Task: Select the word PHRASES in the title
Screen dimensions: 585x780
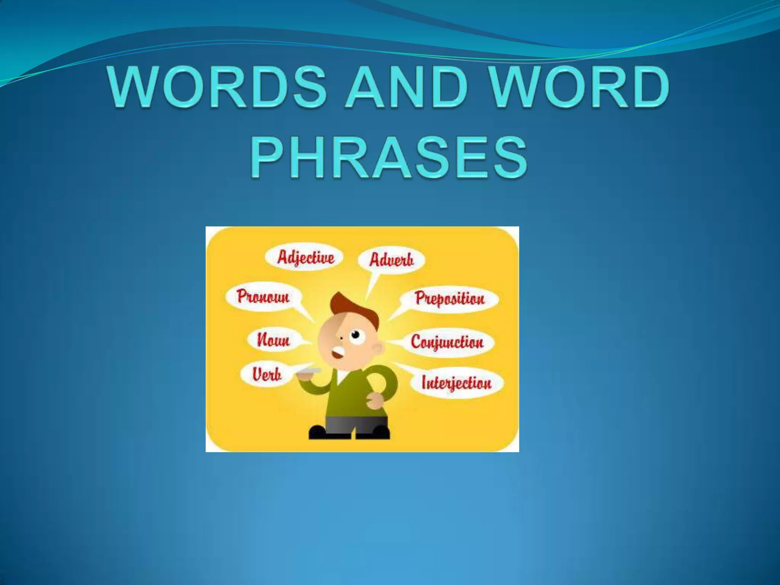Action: (x=389, y=158)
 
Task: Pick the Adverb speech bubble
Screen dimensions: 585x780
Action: (x=391, y=260)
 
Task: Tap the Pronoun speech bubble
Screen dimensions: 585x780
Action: (x=263, y=296)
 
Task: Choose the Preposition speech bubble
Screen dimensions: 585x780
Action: (x=449, y=298)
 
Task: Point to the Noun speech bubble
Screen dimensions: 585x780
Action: (x=273, y=339)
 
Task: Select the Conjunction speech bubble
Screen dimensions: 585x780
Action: (x=447, y=342)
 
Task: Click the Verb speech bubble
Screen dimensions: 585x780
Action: (x=267, y=374)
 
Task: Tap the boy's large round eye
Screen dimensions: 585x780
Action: (x=355, y=335)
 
